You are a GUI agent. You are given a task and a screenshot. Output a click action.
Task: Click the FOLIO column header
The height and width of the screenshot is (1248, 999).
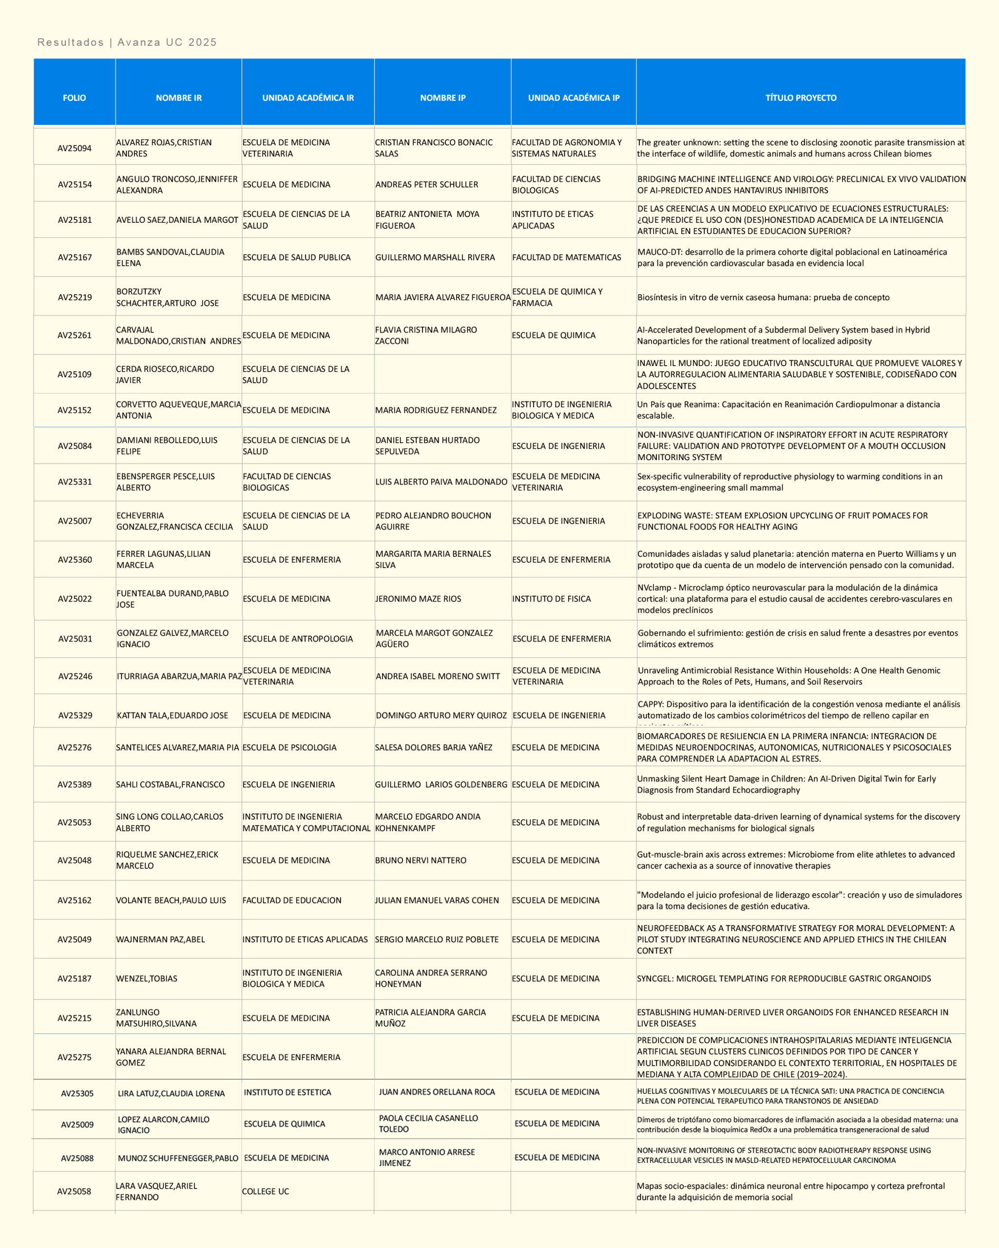coord(74,98)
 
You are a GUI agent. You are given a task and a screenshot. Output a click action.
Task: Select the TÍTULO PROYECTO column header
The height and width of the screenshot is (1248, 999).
coord(801,98)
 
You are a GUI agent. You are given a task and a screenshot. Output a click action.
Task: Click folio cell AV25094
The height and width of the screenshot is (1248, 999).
coord(74,148)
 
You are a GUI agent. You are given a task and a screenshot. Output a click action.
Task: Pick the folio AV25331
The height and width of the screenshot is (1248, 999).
coord(75,482)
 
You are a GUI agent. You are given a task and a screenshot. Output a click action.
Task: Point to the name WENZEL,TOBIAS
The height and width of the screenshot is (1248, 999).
coord(147,978)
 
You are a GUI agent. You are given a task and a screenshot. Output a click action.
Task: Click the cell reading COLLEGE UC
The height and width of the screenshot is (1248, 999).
coord(266,1191)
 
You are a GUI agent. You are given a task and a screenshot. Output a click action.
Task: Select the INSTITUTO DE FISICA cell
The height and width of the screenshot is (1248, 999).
coord(552,599)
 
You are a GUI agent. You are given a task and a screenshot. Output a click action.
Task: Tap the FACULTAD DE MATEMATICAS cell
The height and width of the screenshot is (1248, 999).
coord(567,257)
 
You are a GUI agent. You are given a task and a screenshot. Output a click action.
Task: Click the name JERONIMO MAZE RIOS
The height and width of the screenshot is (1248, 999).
coord(419,599)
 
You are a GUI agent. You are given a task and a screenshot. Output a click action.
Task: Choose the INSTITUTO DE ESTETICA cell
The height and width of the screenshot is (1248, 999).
coord(288,1092)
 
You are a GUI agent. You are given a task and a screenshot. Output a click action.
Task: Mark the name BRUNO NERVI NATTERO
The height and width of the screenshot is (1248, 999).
coord(421,860)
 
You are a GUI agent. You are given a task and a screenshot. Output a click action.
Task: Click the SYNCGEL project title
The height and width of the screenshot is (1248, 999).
coord(784,978)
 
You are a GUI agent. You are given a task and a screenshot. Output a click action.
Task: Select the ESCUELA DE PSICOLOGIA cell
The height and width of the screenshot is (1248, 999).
coord(289,747)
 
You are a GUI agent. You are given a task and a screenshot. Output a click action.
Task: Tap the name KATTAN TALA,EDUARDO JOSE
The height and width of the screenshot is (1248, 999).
coord(173,716)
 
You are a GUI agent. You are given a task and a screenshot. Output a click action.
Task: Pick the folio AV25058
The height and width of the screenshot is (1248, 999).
coord(74,1191)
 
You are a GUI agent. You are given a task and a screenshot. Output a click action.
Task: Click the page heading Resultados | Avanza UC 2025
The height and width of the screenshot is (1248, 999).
coord(127,42)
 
